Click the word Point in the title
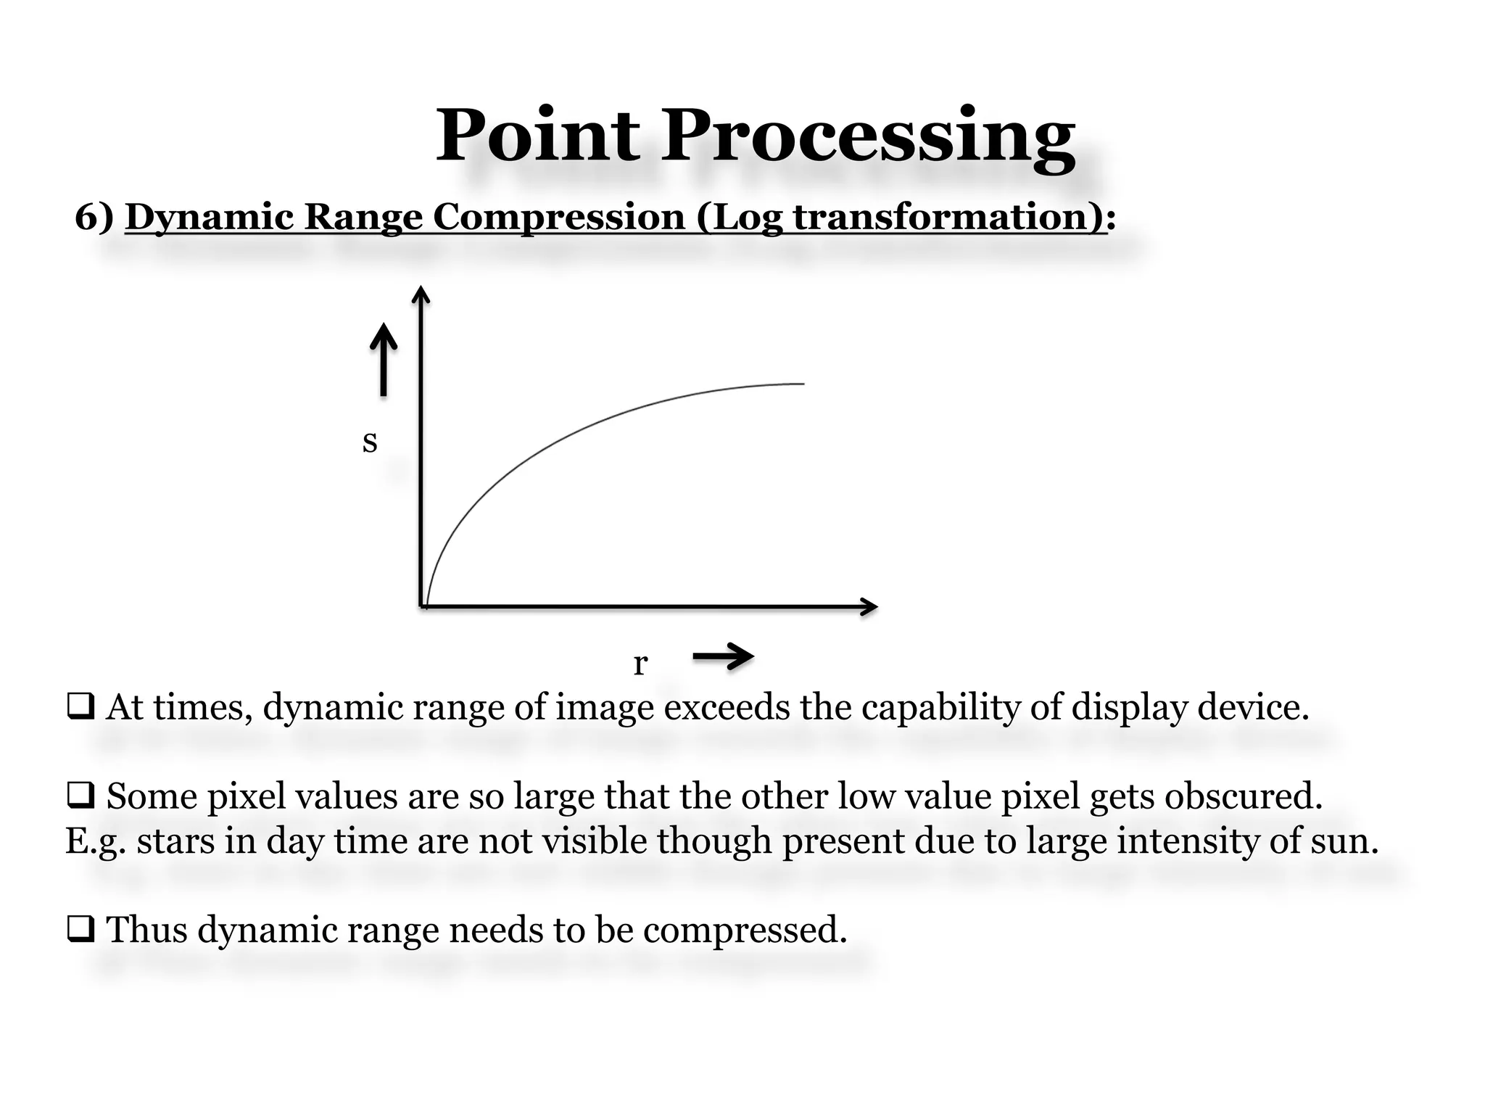(537, 136)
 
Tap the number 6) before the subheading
(94, 218)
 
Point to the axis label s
(370, 441)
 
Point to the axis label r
(640, 663)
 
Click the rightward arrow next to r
(724, 657)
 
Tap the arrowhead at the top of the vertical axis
(421, 294)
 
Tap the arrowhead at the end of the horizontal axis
(870, 606)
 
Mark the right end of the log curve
(803, 384)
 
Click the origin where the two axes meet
(422, 606)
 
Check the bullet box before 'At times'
(80, 708)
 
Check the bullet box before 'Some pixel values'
(80, 797)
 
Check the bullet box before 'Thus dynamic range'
(80, 930)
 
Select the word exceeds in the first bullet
(727, 707)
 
